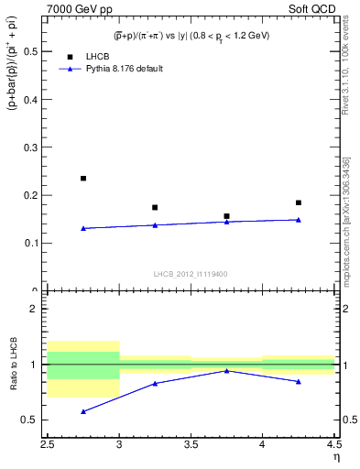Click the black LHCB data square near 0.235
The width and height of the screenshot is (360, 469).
pos(83,179)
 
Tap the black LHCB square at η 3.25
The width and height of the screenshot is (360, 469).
pos(155,207)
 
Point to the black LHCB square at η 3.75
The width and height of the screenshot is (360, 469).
pos(226,216)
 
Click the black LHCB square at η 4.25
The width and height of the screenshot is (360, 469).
pos(298,202)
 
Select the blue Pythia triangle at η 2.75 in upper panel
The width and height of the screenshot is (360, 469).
pos(83,228)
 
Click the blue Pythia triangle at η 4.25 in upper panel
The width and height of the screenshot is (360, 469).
pos(298,220)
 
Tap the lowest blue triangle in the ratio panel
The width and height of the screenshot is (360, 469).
pos(83,411)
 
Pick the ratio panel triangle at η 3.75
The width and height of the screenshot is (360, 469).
pos(226,370)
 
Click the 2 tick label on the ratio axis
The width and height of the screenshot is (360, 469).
pos(38,309)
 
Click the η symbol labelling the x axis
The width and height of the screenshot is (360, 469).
pos(336,455)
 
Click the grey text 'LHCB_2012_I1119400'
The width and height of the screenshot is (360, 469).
pos(191,274)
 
